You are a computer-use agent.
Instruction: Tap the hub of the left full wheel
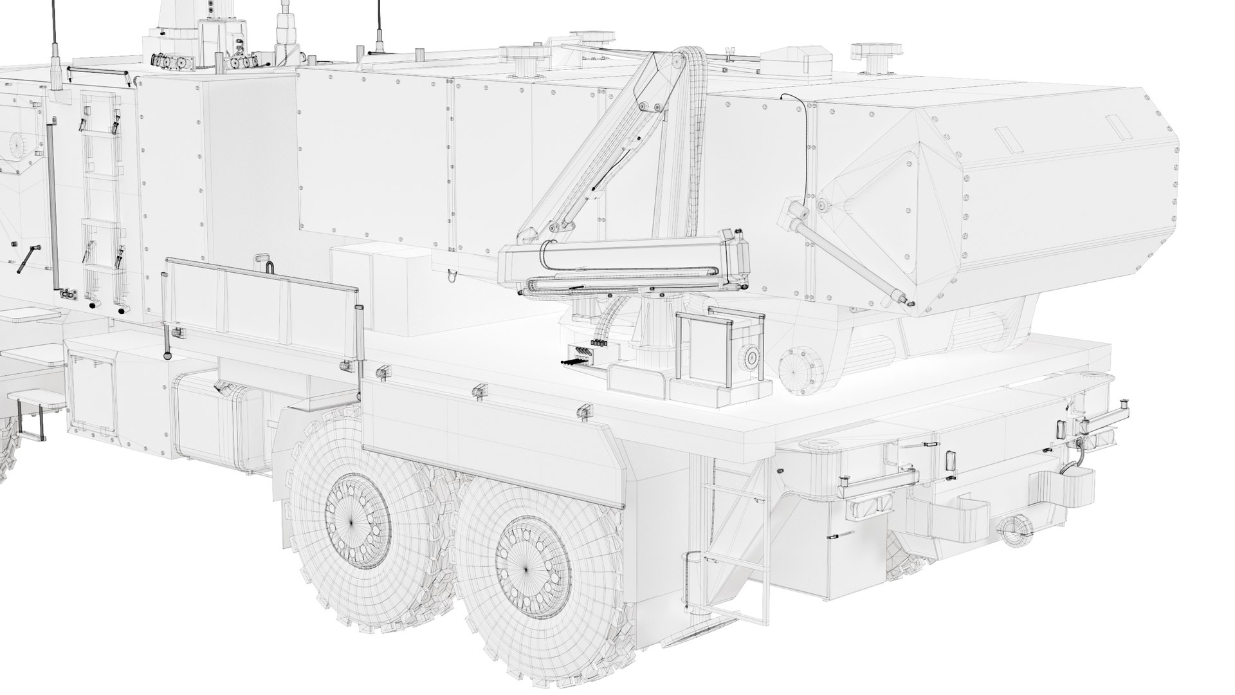(x=352, y=522)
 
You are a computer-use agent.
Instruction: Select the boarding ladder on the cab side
(x=101, y=199)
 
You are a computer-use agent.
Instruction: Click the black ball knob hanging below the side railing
(x=167, y=355)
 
